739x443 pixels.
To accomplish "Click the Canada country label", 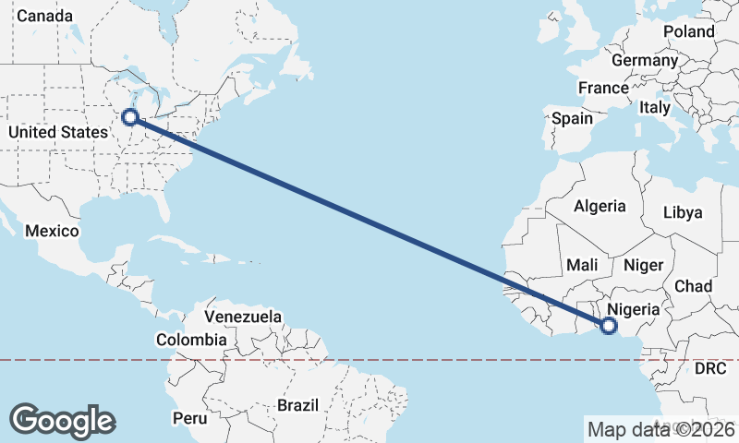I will pos(44,16).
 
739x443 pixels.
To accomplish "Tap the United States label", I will pos(57,132).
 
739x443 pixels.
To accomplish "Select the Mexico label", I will pos(52,231).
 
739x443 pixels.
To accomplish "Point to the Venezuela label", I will pos(243,317).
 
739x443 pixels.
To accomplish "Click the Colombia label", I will pos(190,340).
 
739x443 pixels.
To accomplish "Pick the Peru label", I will pos(189,418).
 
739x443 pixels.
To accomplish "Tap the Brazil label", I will pos(297,405).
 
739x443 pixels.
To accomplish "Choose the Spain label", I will pos(572,118).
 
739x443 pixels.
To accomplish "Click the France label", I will pos(603,89).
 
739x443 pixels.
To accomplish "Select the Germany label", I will pos(645,60).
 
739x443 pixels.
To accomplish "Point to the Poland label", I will pos(689,31).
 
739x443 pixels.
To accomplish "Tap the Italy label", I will pos(655,107).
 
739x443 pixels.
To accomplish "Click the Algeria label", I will pos(600,207).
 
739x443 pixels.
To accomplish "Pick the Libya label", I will pos(683,212).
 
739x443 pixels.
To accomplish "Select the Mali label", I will pos(582,265).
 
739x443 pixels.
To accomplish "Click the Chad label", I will pos(693,286).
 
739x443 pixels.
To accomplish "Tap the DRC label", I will pos(710,368).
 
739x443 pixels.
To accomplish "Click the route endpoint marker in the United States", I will pos(130,117).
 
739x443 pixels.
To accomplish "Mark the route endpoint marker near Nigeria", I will pos(608,325).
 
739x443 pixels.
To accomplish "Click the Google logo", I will pos(62,420).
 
